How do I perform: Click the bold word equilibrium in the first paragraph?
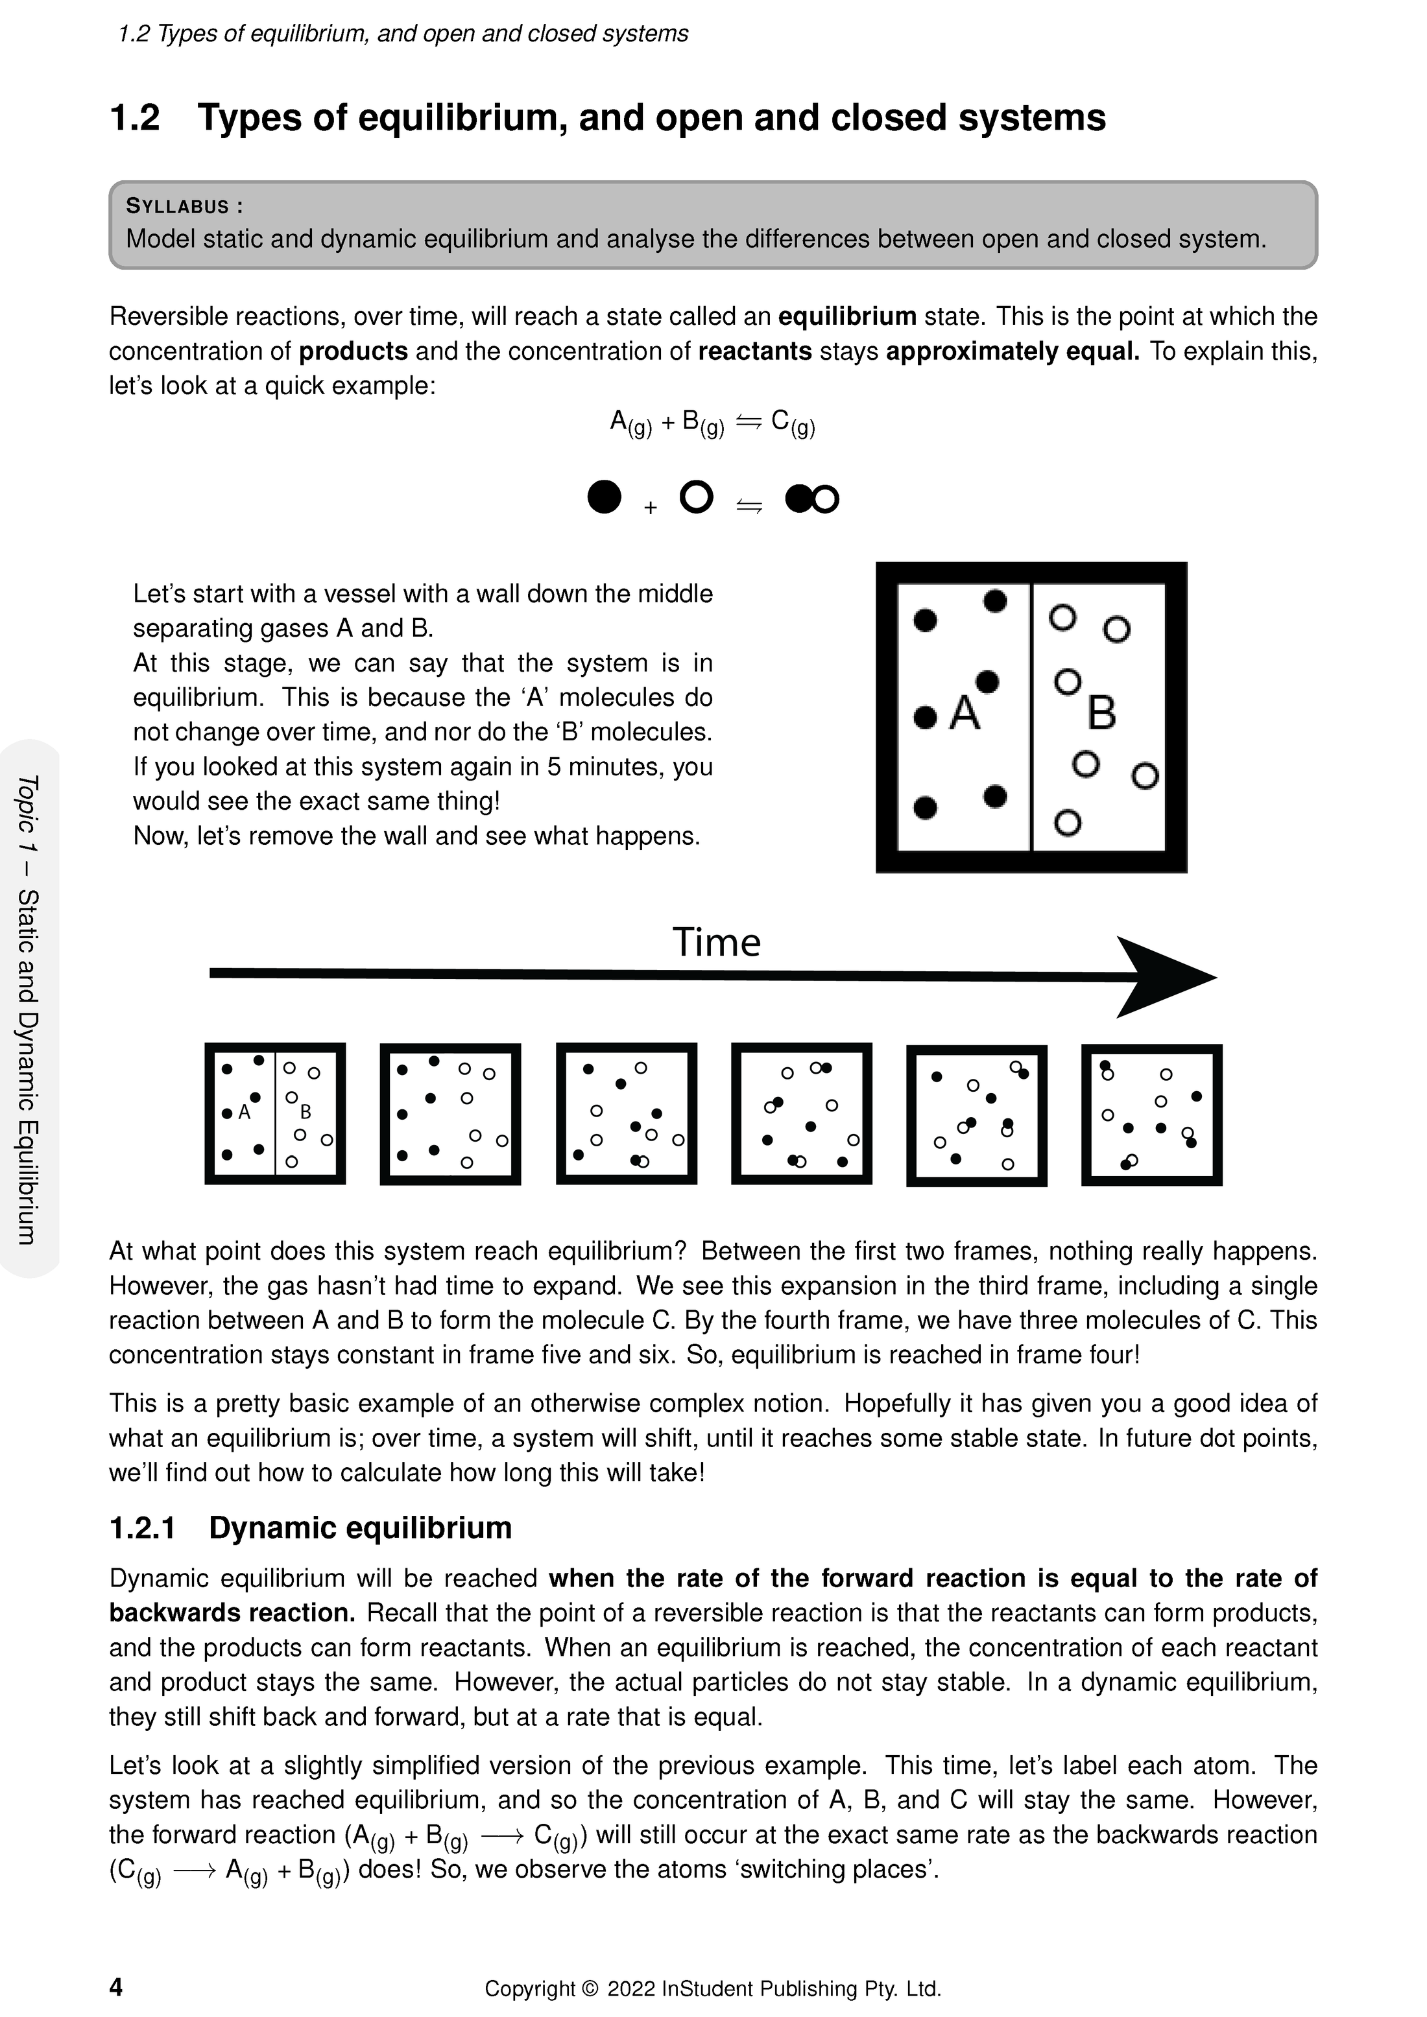[847, 316]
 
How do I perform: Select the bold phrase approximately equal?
[1013, 351]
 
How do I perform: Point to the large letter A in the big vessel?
[965, 713]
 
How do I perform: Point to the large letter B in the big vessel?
[1102, 713]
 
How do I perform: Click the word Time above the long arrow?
[716, 943]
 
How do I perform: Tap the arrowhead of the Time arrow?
[1164, 977]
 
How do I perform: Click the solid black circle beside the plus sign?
[604, 497]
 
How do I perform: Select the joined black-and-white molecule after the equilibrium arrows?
[812, 499]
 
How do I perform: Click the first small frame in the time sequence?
[275, 1113]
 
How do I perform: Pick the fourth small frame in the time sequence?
[801, 1113]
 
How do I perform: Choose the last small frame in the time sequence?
[1151, 1114]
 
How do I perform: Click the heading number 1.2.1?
[142, 1527]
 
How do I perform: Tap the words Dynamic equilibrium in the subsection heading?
[360, 1527]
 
